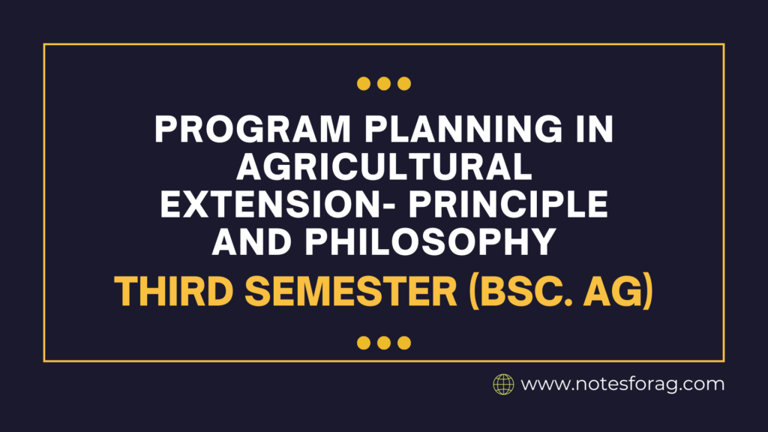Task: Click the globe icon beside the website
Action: tap(502, 385)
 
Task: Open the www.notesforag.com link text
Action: tap(622, 385)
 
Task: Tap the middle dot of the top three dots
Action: tap(384, 83)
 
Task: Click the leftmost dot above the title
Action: tap(364, 83)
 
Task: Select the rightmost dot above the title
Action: tap(404, 83)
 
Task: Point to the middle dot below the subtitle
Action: tap(384, 343)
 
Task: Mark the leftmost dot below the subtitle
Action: tap(364, 343)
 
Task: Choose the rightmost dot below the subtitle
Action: tap(404, 343)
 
